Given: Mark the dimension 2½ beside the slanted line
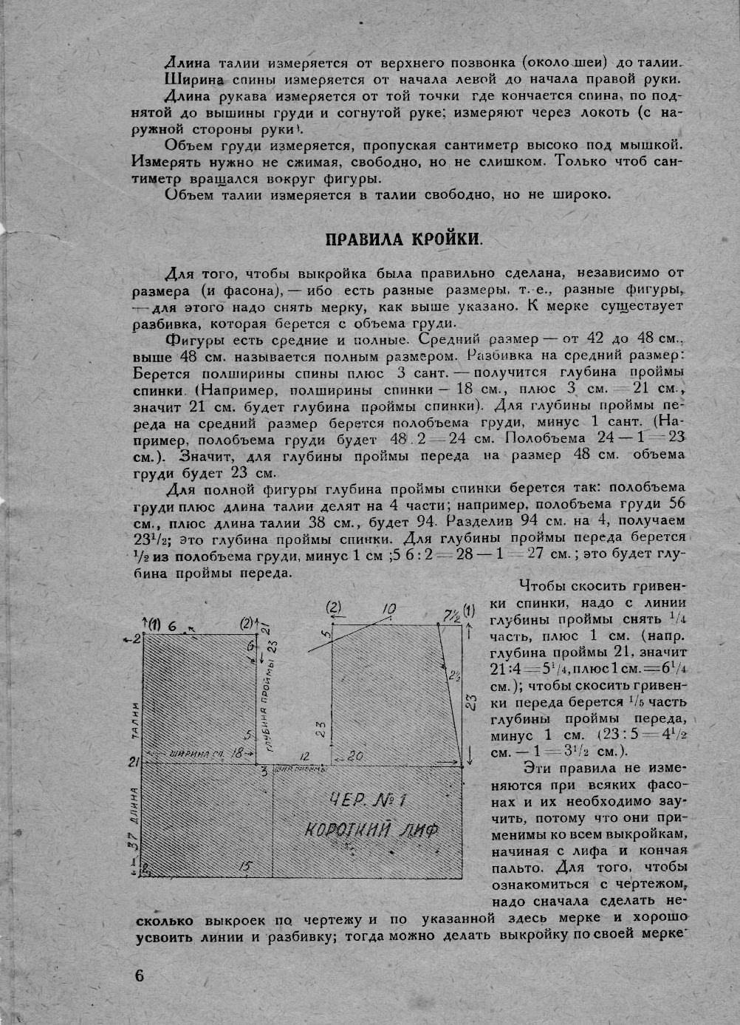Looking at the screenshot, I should [x=453, y=675].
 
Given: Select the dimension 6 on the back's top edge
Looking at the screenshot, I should [x=172, y=625].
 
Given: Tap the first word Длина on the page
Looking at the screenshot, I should [x=188, y=63].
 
